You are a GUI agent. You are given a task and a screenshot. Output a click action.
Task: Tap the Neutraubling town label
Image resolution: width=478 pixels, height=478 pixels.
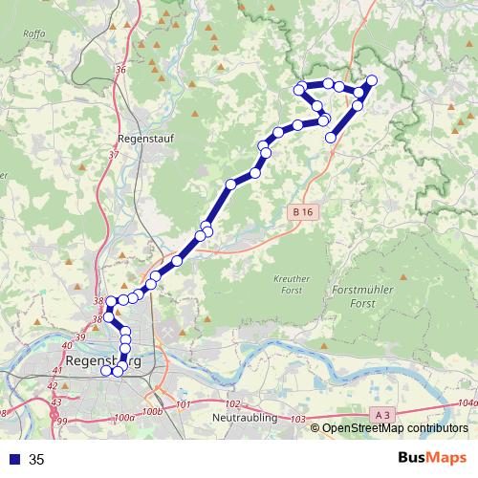[x=245, y=418]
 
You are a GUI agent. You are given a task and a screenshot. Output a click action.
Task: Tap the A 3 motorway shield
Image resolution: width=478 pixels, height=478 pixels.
[x=381, y=414]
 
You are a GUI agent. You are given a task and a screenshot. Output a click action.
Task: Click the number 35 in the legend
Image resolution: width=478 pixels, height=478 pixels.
[x=37, y=460]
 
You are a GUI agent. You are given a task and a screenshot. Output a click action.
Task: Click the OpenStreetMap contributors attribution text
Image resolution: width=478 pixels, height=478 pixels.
[x=395, y=428]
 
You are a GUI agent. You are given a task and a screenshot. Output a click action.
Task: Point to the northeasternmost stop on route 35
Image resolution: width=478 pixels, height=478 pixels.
[x=372, y=79]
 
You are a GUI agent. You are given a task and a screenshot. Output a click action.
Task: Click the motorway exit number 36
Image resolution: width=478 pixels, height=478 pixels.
[x=119, y=70]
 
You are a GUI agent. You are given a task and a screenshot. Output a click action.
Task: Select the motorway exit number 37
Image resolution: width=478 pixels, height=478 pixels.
[x=114, y=154]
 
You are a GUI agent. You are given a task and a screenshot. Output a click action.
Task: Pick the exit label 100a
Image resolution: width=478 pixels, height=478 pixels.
[x=123, y=418]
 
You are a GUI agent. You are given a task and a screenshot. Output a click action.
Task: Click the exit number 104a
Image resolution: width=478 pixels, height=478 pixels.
[x=467, y=402]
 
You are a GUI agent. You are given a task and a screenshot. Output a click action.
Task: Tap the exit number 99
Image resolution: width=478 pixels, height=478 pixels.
[x=62, y=421]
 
